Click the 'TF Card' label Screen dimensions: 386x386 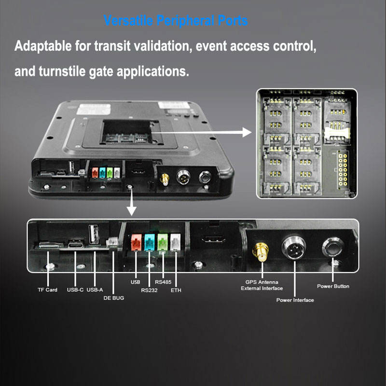pos(47,290)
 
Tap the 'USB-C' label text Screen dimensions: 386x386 pos(75,290)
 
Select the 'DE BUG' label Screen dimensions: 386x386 pos(113,298)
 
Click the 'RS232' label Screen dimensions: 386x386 pos(150,290)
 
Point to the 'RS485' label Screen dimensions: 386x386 pos(163,282)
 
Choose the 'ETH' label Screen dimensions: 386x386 pos(176,290)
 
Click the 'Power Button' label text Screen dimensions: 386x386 pos(333,286)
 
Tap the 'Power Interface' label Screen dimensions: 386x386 pos(295,300)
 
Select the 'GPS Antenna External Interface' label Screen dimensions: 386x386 pos(262,285)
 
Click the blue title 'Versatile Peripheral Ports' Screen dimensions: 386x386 pos(176,21)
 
